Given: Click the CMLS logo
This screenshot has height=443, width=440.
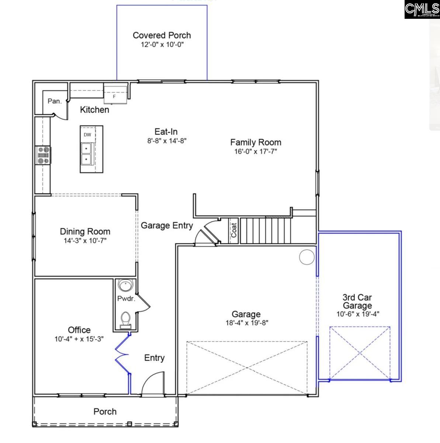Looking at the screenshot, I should [422, 10].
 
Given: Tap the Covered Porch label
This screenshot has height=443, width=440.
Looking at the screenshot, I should [162, 35].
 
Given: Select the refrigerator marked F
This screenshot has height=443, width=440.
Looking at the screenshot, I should [114, 95].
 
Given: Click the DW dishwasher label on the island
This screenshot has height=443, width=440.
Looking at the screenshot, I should [87, 135].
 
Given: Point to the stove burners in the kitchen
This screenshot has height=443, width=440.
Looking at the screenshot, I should [43, 155].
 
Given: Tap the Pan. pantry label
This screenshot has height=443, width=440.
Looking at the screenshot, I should [55, 101].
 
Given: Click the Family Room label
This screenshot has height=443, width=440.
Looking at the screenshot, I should [256, 142].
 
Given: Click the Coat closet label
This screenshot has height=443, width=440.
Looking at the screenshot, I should [234, 231].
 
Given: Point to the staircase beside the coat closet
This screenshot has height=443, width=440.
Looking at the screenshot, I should [265, 231].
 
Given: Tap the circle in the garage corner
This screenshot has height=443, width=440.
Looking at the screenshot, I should [306, 257].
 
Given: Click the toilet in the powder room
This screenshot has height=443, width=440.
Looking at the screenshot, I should [125, 319].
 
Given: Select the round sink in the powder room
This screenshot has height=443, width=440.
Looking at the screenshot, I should [125, 286].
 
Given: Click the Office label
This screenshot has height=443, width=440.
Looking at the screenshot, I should [79, 330].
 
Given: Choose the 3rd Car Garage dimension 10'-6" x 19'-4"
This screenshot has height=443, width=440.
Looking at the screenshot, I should [357, 314].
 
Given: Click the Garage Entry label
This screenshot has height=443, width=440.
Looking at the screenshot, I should [167, 225].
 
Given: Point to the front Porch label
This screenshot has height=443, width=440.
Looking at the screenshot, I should [105, 411].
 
